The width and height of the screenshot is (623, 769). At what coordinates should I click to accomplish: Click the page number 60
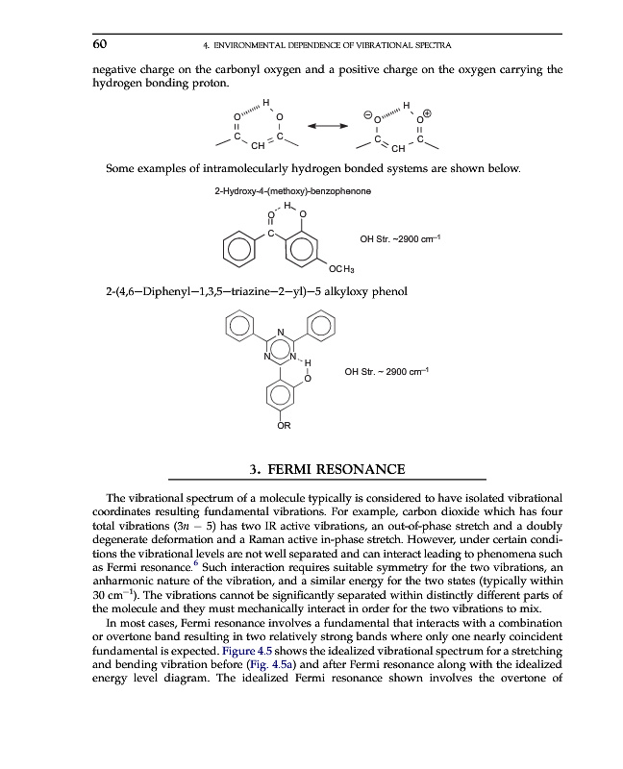[99, 44]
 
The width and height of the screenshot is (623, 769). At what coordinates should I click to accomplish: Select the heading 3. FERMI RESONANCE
[326, 469]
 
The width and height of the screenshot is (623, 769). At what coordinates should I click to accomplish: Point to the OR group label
[285, 424]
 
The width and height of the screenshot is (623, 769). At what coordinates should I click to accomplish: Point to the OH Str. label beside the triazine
[386, 372]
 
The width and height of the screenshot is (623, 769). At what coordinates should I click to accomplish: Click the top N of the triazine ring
[280, 334]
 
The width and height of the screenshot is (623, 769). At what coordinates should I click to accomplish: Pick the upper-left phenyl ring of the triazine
[238, 328]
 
